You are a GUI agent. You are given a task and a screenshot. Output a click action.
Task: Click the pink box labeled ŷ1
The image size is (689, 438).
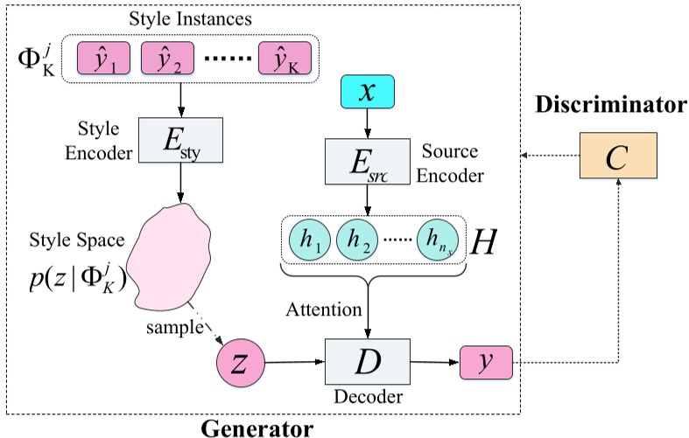(105, 62)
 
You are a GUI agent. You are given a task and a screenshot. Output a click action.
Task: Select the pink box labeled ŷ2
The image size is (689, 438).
(166, 62)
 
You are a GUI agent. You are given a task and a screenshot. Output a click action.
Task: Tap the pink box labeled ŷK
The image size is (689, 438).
(285, 62)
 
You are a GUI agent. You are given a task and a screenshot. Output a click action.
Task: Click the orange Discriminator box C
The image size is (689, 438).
(617, 156)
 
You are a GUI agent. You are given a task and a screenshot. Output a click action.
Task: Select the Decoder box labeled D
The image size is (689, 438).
(369, 360)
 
